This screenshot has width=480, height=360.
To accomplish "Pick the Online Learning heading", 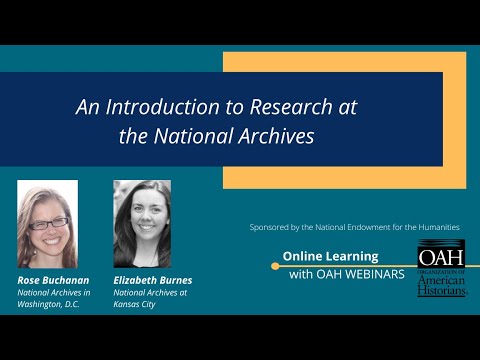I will (330, 256).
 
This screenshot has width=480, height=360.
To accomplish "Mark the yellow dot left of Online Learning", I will (275, 266).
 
